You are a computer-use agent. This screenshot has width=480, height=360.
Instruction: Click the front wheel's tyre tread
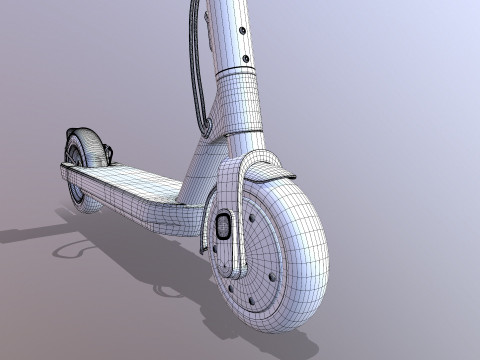coord(310,240)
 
